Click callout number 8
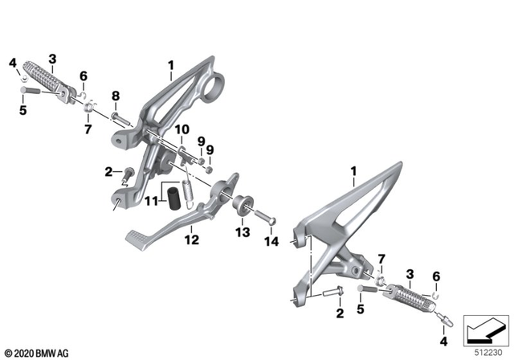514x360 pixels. tap(115, 96)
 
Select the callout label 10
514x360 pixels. tap(182, 129)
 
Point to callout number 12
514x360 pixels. tap(192, 239)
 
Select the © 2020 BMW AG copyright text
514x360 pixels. tap(36, 351)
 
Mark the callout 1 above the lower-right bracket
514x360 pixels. tap(353, 171)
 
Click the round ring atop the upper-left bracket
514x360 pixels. tap(214, 83)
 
